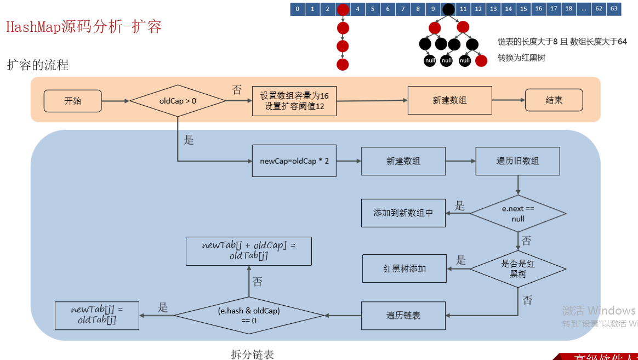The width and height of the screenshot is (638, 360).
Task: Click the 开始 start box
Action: click(72, 101)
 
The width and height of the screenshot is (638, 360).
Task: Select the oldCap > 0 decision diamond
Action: click(178, 101)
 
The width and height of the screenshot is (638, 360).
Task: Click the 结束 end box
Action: click(554, 100)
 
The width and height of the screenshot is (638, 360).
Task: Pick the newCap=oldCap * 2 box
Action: click(294, 161)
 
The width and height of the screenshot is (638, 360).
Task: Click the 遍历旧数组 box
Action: click(517, 161)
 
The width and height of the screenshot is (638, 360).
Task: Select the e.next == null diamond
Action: click(518, 214)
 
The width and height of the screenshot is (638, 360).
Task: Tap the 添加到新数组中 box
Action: click(403, 213)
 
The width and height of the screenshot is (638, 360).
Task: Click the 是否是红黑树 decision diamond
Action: click(518, 268)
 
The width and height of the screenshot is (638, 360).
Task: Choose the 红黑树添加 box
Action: click(405, 268)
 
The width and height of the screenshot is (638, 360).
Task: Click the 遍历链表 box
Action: click(403, 316)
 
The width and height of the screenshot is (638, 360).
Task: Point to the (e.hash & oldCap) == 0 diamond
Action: click(249, 316)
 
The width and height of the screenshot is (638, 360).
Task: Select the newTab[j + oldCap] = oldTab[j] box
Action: click(249, 251)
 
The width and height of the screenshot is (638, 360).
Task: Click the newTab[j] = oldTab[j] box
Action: click(97, 315)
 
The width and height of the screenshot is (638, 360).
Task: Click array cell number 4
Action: click(357, 9)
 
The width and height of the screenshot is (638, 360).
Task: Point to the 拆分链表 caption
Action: click(252, 354)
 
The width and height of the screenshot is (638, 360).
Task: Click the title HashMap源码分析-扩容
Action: click(84, 27)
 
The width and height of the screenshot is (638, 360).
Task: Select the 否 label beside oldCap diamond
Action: click(237, 90)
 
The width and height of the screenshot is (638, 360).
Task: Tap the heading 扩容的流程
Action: click(38, 65)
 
